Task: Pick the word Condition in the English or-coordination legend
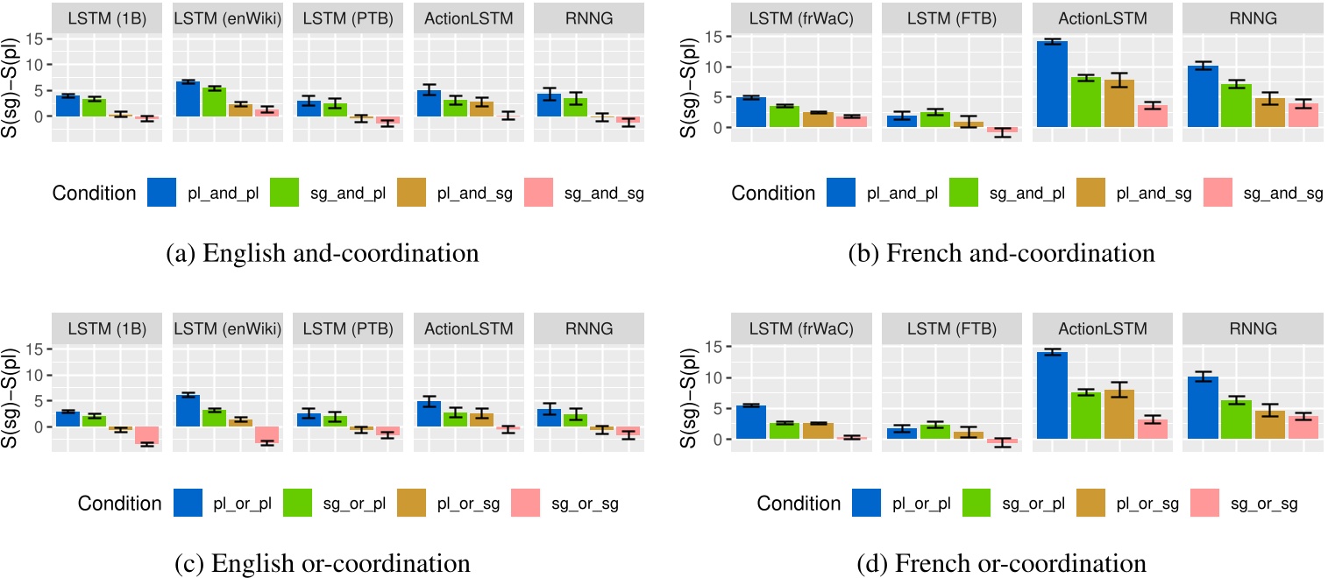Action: tap(118, 504)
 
